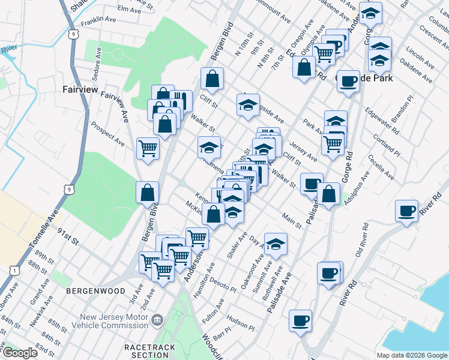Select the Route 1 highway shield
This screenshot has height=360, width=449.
point(13,271)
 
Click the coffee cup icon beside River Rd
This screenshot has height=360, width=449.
point(407,211)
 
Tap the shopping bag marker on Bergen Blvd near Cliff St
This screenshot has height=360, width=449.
point(212,78)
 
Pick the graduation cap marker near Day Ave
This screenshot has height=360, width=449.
point(276,244)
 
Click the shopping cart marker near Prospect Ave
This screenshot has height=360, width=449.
point(148,148)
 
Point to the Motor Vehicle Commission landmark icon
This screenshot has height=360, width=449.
point(157,320)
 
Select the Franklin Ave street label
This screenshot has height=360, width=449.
point(98,19)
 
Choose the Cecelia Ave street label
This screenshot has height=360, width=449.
point(381,167)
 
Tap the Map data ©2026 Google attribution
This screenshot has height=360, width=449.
point(412,355)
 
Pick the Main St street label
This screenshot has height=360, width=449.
point(292,220)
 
